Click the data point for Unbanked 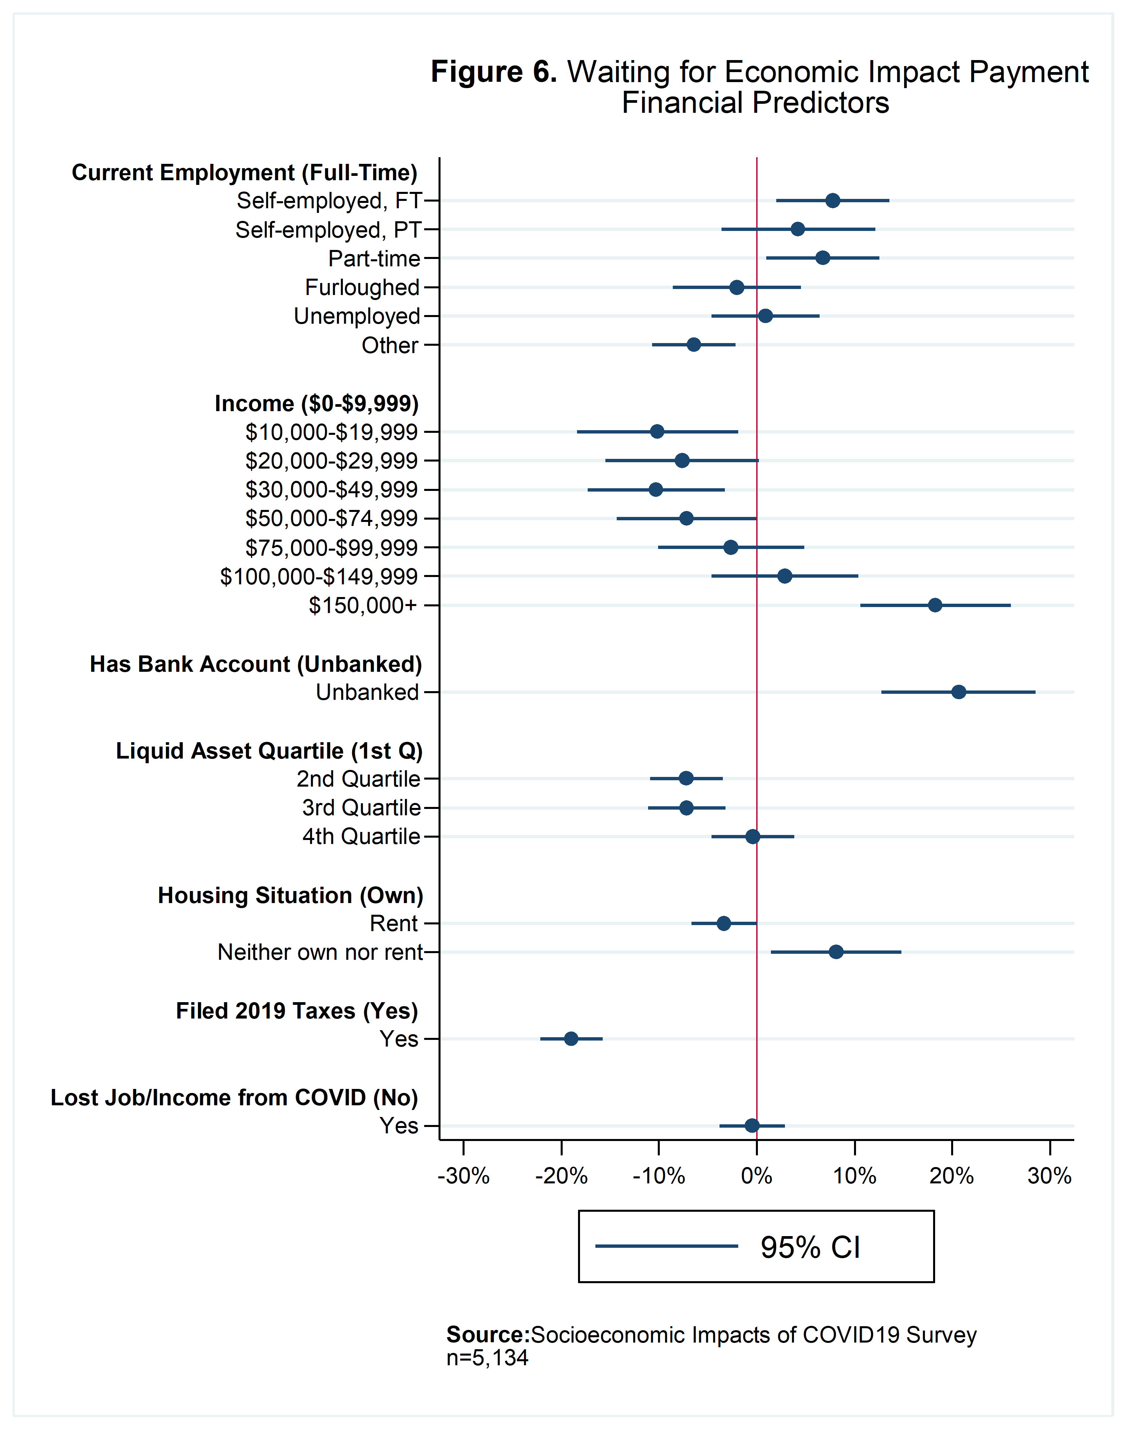point(958,692)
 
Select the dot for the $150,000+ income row point(935,605)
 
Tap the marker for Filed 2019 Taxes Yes point(571,1039)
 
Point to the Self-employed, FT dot point(833,200)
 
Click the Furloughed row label point(362,287)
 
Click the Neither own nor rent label point(320,952)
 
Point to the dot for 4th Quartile point(752,836)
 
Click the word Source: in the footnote point(488,1335)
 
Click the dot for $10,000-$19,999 point(657,432)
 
